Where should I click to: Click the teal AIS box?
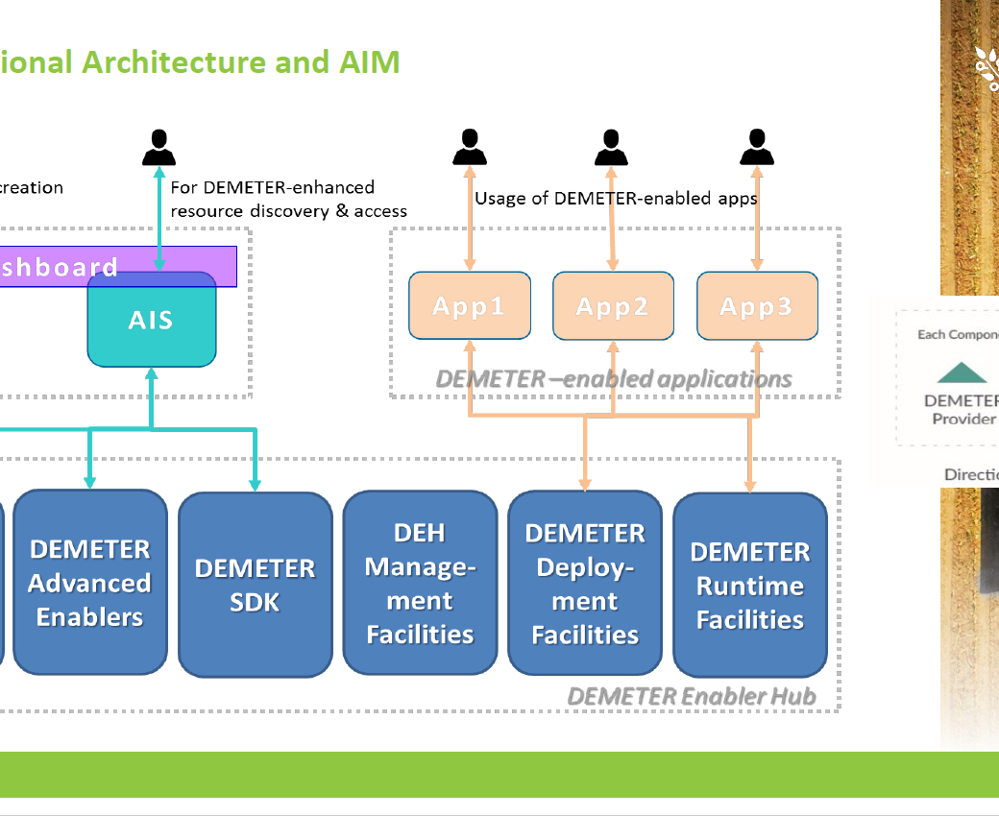pyautogui.click(x=152, y=321)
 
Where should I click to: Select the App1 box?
pyautogui.click(x=470, y=306)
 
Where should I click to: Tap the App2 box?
pyautogui.click(x=613, y=306)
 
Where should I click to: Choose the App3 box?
pyautogui.click(x=757, y=306)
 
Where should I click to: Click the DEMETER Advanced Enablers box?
pyautogui.click(x=90, y=583)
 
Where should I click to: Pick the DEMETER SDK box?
pyautogui.click(x=256, y=585)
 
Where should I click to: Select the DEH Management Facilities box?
pyautogui.click(x=420, y=584)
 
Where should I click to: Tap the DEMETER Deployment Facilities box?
pyautogui.click(x=585, y=584)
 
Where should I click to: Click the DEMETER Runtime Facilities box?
pyautogui.click(x=750, y=585)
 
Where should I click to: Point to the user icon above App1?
pyautogui.click(x=469, y=149)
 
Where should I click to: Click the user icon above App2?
pyautogui.click(x=611, y=149)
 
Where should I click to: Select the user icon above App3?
pyautogui.click(x=757, y=149)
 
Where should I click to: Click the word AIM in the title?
pyautogui.click(x=370, y=62)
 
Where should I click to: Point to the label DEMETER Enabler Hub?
pyautogui.click(x=692, y=696)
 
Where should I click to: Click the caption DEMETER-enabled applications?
pyautogui.click(x=614, y=378)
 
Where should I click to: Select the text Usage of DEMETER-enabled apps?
pyautogui.click(x=616, y=199)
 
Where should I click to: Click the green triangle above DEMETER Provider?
pyautogui.click(x=962, y=373)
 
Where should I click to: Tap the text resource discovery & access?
pyautogui.click(x=288, y=211)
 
